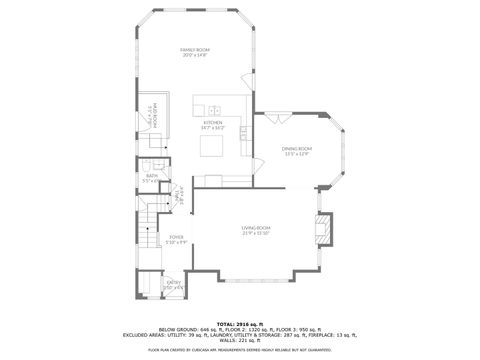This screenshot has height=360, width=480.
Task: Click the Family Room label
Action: [x=194, y=49]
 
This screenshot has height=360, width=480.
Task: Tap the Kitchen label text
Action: [x=212, y=122]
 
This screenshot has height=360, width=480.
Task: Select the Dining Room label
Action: [x=297, y=148]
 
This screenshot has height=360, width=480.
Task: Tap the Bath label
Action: [x=151, y=176]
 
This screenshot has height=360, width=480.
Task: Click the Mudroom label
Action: [x=143, y=115]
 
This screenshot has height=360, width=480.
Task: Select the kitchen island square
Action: [x=213, y=148]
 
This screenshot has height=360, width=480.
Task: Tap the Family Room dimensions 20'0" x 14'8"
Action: [x=194, y=55]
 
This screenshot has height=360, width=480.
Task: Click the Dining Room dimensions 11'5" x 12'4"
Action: [x=297, y=154]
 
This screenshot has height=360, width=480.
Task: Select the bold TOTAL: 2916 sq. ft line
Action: [x=240, y=325]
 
